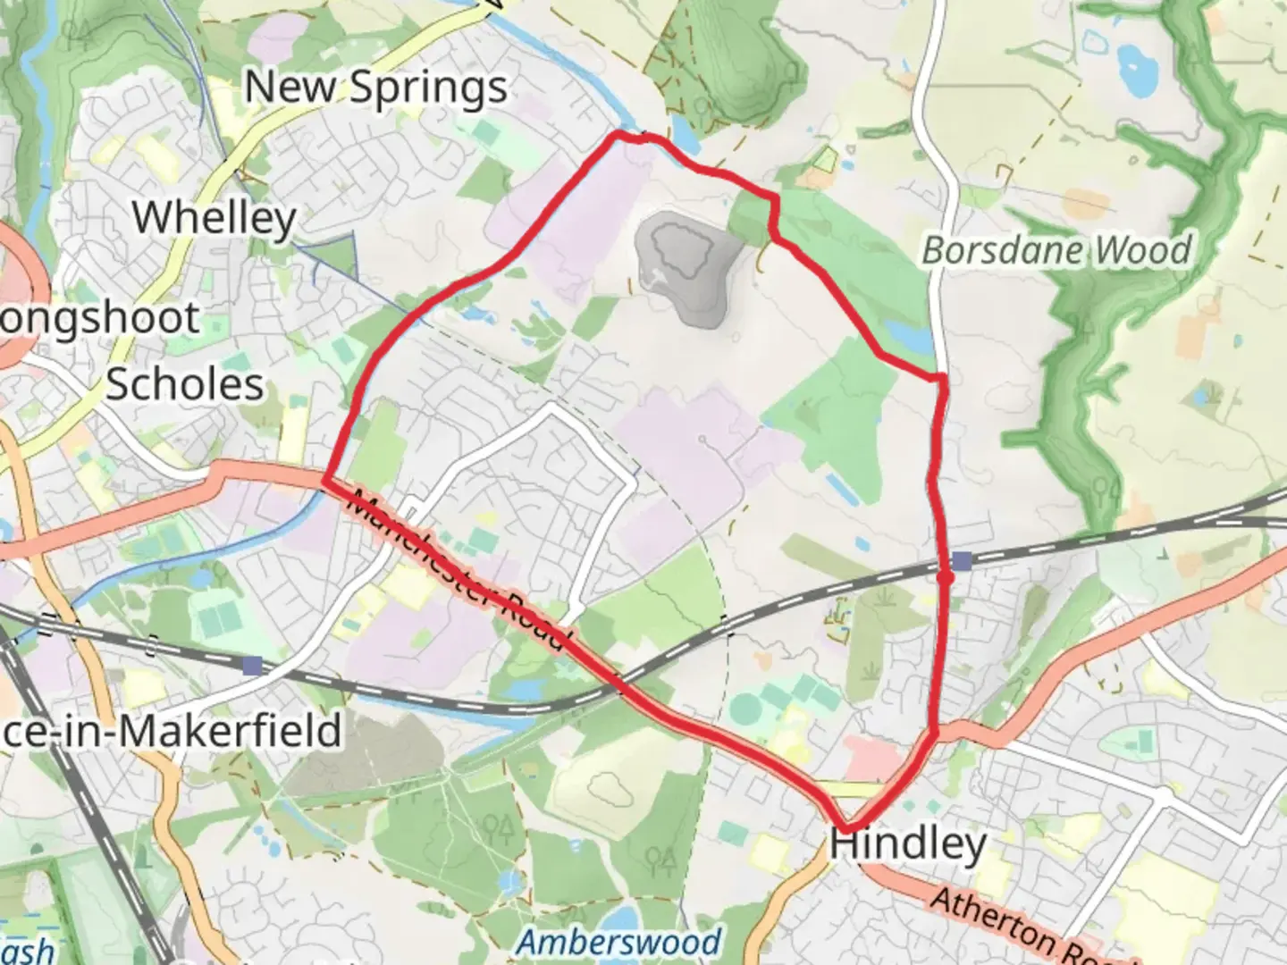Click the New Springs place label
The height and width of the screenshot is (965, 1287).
pos(375,88)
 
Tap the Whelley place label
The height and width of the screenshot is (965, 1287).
pos(214,217)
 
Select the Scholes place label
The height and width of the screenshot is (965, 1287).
pos(185,384)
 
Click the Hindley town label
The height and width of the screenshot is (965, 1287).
pos(908,843)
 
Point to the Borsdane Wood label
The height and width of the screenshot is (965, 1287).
pos(1056,250)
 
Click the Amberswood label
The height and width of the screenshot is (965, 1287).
pos(619,941)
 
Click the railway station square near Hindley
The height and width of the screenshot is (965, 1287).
pos(962,561)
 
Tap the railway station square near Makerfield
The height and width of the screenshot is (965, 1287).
pos(253,665)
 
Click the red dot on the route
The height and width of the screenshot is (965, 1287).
pos(946,577)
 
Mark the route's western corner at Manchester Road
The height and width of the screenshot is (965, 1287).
pos(324,482)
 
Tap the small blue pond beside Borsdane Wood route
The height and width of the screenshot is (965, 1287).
pos(909,338)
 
